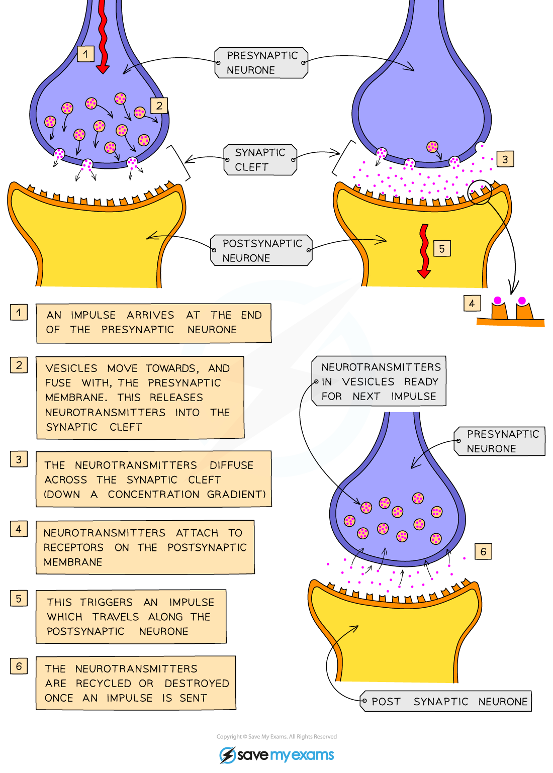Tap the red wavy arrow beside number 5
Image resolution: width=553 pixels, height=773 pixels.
[x=424, y=251]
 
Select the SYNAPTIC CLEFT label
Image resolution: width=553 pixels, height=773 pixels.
[x=260, y=160]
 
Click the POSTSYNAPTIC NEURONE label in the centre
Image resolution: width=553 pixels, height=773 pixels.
[x=261, y=250]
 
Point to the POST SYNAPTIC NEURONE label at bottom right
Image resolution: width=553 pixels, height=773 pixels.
[x=446, y=702]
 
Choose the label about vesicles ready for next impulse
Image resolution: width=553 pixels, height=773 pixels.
[x=380, y=381]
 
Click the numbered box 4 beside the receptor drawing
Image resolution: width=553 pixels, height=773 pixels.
[x=472, y=303]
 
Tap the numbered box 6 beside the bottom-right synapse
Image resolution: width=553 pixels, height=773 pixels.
[x=483, y=551]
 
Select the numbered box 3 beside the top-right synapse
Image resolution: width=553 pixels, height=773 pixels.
[x=505, y=159]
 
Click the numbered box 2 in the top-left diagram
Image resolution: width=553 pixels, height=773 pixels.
[x=159, y=106]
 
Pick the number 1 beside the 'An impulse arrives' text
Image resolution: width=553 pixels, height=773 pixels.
[x=19, y=313]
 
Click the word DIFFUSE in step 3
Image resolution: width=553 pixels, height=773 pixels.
[x=231, y=465]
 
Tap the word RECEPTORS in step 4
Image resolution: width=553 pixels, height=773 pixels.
[x=73, y=547]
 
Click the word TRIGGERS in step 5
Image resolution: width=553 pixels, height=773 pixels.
[x=107, y=602]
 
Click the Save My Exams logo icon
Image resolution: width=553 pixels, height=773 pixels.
[x=227, y=755]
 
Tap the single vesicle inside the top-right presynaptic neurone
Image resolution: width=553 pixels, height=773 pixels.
[x=432, y=147]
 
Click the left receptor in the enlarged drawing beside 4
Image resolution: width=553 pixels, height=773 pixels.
[x=499, y=309]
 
